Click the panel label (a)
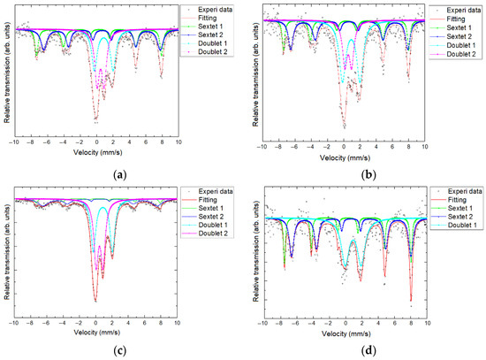click(x=118, y=174)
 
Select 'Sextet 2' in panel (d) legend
click(x=463, y=217)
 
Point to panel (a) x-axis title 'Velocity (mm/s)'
click(x=95, y=151)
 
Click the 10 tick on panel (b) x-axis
click(x=425, y=142)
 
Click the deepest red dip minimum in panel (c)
click(x=95, y=302)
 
